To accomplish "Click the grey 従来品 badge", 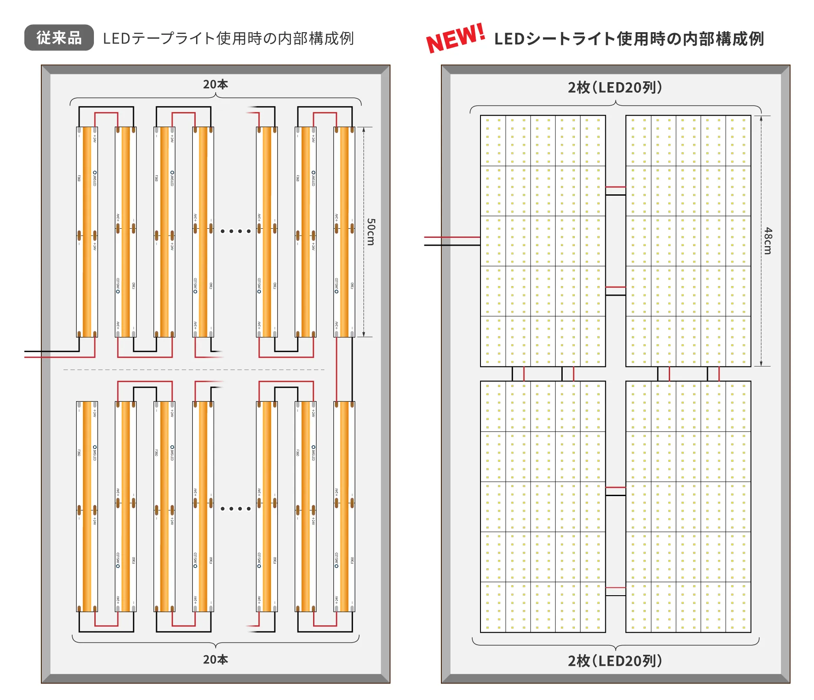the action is pyautogui.click(x=59, y=38).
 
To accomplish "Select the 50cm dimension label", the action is pyautogui.click(x=370, y=232).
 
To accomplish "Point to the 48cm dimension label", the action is pyautogui.click(x=768, y=240).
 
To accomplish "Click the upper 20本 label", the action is pyautogui.click(x=215, y=84).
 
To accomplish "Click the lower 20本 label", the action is pyautogui.click(x=215, y=660).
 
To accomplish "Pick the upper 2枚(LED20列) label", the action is pyautogui.click(x=615, y=87).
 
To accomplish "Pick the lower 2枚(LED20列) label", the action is pyautogui.click(x=615, y=661).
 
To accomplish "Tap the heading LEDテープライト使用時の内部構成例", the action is pyautogui.click(x=228, y=39).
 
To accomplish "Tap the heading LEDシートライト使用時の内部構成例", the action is pyautogui.click(x=629, y=39).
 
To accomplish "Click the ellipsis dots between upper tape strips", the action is pyautogui.click(x=235, y=231).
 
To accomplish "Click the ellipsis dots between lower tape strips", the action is pyautogui.click(x=235, y=508).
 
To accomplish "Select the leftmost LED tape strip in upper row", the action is pyautogui.click(x=87, y=232).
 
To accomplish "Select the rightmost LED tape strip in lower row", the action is pyautogui.click(x=344, y=507).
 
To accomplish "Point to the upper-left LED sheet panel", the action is pyautogui.click(x=543, y=241).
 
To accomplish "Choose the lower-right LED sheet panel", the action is pyautogui.click(x=688, y=507).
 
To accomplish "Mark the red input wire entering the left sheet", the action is pyautogui.click(x=452, y=237).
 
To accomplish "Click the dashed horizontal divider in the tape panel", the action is pyautogui.click(x=193, y=370).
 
